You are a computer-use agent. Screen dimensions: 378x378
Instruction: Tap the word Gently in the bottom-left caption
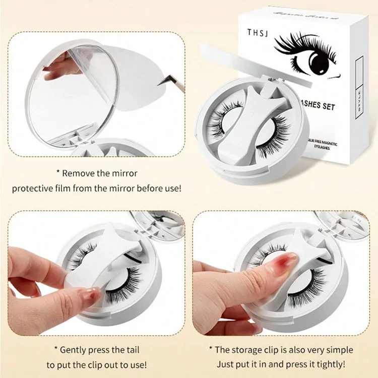(76, 350)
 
